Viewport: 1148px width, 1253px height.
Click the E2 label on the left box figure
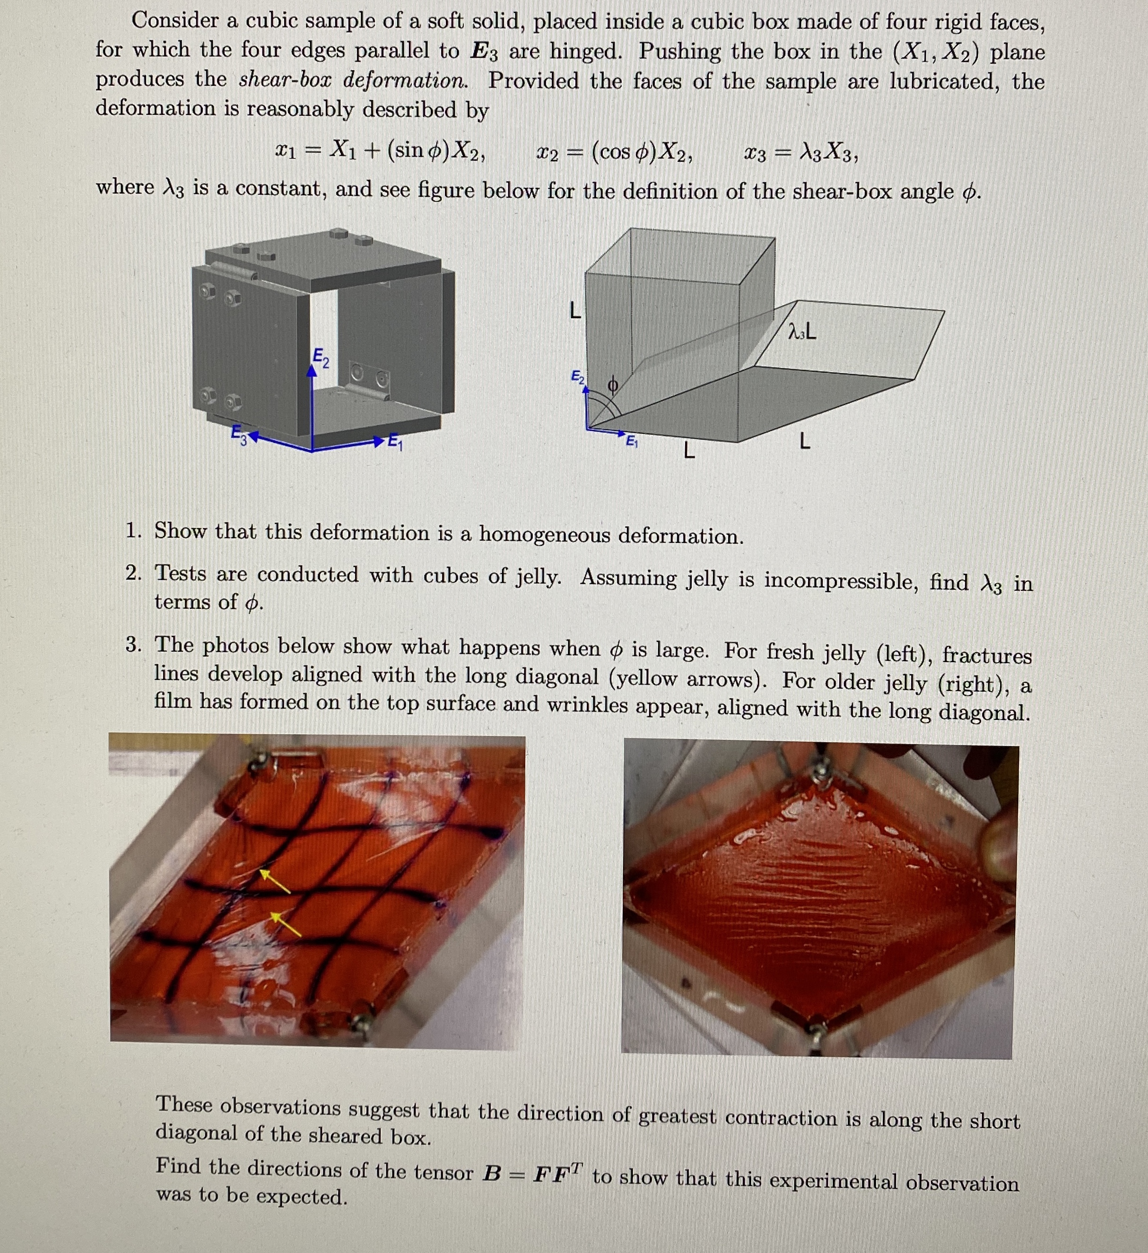click(x=321, y=358)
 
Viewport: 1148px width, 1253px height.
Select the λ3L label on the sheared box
click(x=802, y=333)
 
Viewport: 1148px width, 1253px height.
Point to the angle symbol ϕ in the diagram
click(x=612, y=386)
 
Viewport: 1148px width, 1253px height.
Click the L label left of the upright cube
click(x=575, y=309)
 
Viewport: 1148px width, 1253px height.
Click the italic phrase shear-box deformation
click(x=353, y=80)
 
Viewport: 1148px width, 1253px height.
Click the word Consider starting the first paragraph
click(x=174, y=20)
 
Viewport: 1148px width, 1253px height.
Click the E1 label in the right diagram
click(x=631, y=441)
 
